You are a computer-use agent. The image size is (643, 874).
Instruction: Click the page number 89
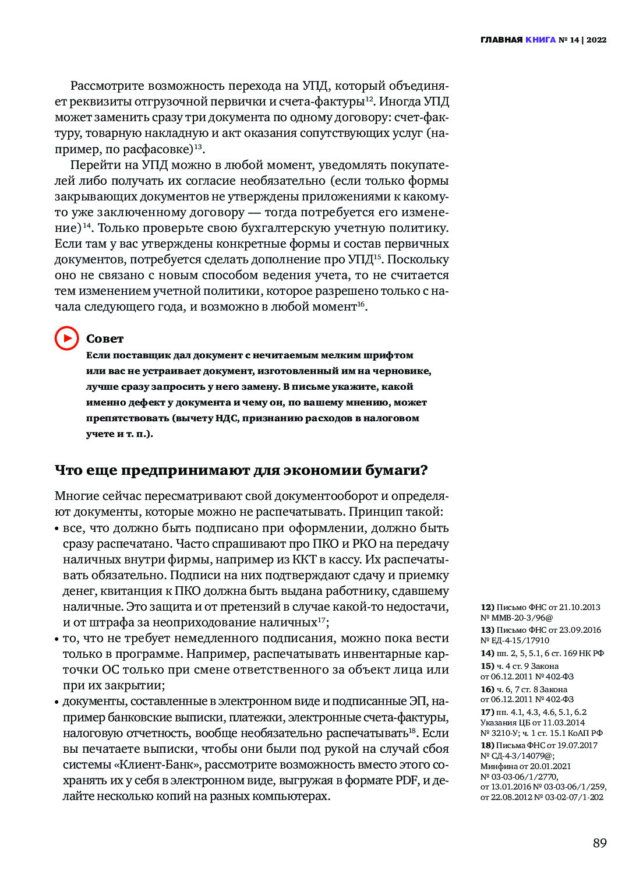599,843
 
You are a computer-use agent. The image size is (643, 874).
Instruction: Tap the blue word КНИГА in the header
540,40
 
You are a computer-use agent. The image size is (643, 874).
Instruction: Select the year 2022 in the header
596,40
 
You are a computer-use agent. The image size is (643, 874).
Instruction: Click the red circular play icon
66,338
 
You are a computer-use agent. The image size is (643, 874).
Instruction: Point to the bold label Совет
105,339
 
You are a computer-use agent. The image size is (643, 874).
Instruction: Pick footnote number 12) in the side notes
487,607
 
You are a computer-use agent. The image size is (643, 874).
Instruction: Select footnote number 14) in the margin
487,653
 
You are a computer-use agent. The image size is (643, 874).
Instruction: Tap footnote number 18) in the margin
487,745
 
